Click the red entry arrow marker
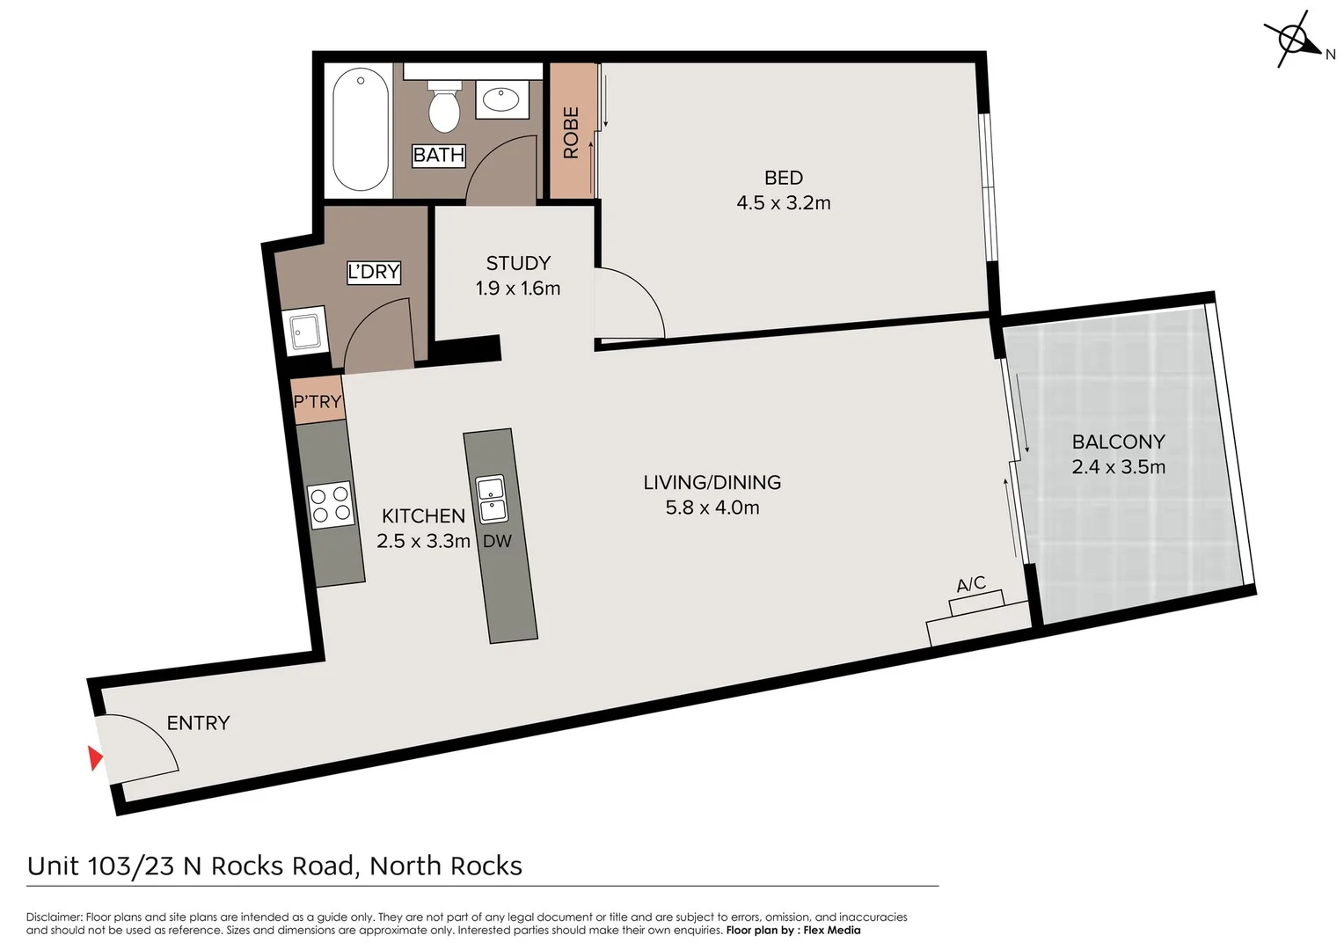(x=95, y=757)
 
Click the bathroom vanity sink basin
(x=501, y=99)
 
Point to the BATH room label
(x=438, y=155)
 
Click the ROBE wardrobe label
(x=571, y=132)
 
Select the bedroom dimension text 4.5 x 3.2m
(x=783, y=203)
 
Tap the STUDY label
(x=518, y=263)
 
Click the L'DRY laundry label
(x=374, y=272)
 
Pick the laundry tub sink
(x=306, y=330)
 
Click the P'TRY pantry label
(x=318, y=402)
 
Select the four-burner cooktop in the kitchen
(x=331, y=504)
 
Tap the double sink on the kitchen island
(x=491, y=499)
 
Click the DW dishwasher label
(x=497, y=542)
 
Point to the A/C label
(x=971, y=584)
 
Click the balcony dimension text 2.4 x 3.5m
(x=1118, y=467)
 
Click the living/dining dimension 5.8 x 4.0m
(x=712, y=508)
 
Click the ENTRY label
(x=198, y=723)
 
